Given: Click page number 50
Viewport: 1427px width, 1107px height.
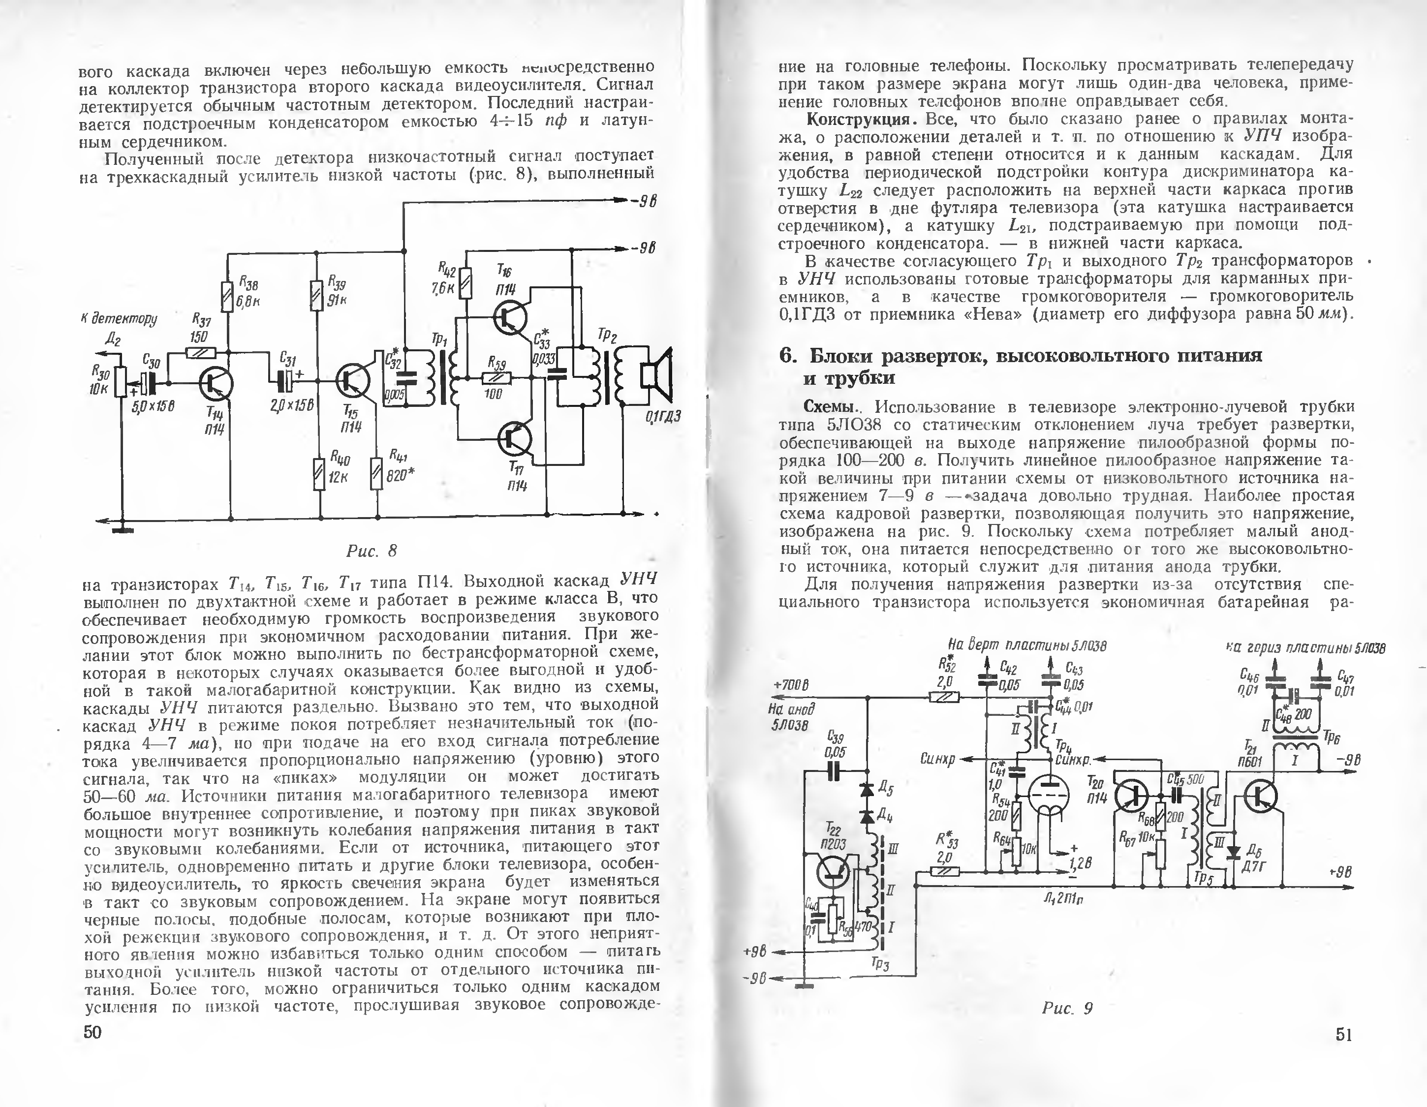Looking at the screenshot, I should click(93, 1032).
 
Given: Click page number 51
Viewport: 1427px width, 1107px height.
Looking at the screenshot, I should click(1343, 1035).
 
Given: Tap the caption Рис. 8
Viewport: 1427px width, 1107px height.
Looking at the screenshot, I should click(371, 551).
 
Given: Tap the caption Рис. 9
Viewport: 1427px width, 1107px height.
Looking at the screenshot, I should click(1067, 1008).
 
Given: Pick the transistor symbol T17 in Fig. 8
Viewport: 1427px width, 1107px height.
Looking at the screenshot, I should click(514, 439).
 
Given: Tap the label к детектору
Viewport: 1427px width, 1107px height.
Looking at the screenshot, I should click(119, 319).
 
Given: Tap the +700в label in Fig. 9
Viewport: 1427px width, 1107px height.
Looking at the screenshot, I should click(791, 685).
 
